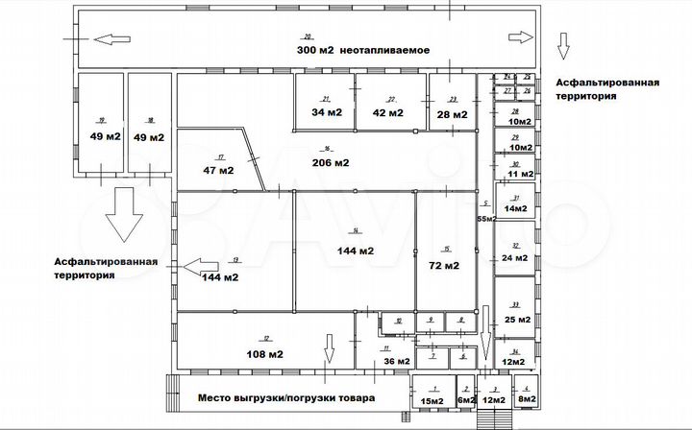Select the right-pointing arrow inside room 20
519,37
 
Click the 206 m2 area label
329,162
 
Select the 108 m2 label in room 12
263,353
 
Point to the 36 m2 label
396,361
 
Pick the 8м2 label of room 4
526,399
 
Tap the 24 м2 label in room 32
515,257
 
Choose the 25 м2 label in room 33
517,320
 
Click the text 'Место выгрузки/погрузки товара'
288,397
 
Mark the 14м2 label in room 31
517,208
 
